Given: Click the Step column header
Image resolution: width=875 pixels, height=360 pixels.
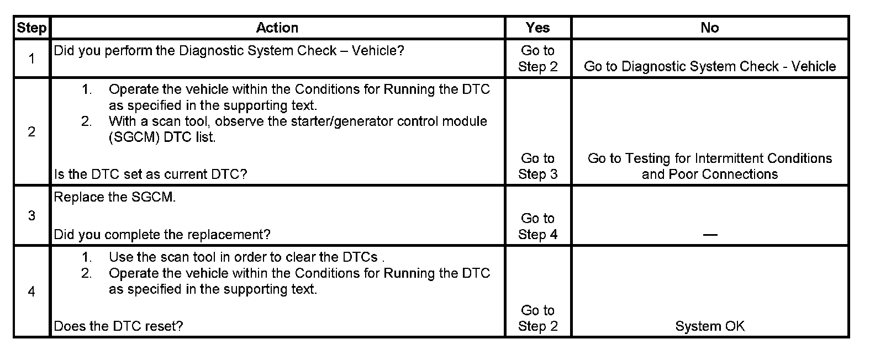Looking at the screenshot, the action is pos(31,28).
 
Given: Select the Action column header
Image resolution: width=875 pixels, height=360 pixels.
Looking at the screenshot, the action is pos(277,28).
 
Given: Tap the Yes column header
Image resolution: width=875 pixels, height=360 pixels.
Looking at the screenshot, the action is pos(537,28).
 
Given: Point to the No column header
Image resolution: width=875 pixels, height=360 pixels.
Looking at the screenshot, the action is pos(709,28).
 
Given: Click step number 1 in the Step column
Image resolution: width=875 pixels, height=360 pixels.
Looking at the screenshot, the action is pos(31,58).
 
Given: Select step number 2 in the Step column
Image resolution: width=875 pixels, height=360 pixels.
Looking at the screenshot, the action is pos(31,131).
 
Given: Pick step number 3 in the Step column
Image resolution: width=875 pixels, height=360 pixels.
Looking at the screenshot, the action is pos(31,215).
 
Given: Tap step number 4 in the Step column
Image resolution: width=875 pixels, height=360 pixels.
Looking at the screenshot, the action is pos(31,291).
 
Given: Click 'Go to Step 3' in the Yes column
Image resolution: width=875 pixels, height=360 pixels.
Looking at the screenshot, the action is pos(537,166).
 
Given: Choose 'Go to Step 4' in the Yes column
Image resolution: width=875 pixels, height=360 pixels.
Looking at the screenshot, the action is pos(537,226).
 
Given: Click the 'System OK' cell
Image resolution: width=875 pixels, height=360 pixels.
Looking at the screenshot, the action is pos(710,326).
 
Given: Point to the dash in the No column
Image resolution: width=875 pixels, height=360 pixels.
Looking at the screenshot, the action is pos(710,235).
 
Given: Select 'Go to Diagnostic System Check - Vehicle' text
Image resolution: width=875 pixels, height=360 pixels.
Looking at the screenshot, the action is pos(710,67).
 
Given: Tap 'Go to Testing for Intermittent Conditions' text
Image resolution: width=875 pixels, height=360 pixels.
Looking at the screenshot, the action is pos(710,158).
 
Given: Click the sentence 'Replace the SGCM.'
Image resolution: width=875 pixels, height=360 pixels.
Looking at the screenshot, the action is pos(115,198).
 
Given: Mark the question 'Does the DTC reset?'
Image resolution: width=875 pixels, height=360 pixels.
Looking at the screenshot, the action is pos(118,326).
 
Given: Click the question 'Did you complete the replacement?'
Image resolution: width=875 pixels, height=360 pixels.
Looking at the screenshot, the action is pos(162,235).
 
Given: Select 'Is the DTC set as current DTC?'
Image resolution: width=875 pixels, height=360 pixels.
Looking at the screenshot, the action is pos(150,174).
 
